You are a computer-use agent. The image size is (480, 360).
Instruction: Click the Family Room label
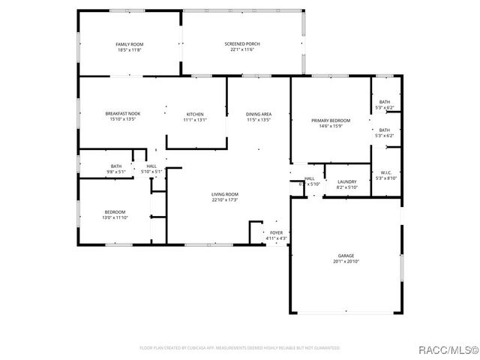(129, 45)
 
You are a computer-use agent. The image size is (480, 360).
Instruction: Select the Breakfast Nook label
(123, 113)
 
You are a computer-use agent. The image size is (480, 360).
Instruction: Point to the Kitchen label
(195, 113)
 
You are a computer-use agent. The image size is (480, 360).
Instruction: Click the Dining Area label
(258, 113)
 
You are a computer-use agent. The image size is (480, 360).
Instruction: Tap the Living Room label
(224, 194)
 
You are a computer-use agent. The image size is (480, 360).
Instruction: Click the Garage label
(346, 256)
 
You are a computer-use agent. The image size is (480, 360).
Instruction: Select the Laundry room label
(346, 181)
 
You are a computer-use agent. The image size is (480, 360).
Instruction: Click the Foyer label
(277, 232)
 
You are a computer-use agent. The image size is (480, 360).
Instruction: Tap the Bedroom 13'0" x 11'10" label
(115, 211)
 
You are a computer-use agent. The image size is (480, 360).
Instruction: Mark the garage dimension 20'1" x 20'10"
(346, 262)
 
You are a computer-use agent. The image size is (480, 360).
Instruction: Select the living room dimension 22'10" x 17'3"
(224, 200)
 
